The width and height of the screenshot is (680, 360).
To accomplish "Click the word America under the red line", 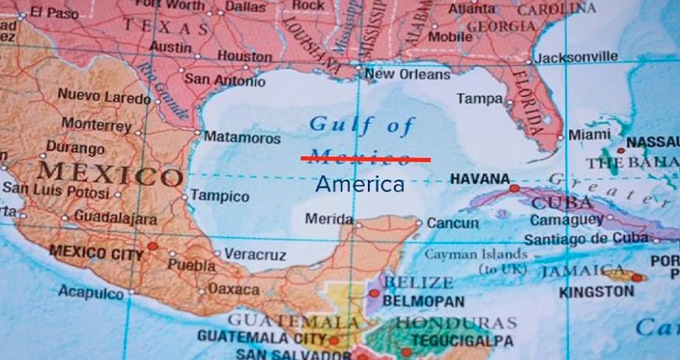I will coord(359,185).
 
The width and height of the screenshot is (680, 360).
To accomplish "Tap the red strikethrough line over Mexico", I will coord(365,158).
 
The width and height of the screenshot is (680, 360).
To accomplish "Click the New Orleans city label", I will coord(407,74).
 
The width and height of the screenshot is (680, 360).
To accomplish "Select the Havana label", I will coord(480,179).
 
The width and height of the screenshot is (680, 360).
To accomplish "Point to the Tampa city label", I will coord(479,99).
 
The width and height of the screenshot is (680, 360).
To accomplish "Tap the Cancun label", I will coord(453,223).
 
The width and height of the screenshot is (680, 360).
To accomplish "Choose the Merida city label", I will coord(329,219).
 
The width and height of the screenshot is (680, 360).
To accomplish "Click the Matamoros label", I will coord(241,138).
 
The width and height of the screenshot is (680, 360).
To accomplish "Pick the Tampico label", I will coord(220,196).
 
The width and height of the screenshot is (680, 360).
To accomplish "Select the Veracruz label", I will coord(255,254).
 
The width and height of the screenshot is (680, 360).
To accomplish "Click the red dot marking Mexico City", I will coord(153,247).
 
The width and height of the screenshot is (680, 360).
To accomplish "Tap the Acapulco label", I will coord(91,292).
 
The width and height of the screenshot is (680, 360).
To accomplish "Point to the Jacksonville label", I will coord(577,57).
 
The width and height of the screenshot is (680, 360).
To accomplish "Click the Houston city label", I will coord(245,56).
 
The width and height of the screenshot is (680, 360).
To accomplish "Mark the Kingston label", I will coord(596,292).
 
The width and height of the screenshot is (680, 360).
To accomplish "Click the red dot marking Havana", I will coord(514,188).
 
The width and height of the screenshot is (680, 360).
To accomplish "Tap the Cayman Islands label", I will coord(476,254).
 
